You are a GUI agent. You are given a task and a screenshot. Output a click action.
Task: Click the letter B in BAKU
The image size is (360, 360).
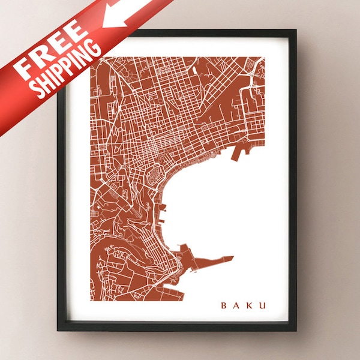224,305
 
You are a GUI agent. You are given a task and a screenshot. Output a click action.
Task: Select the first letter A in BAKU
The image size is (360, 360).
236,305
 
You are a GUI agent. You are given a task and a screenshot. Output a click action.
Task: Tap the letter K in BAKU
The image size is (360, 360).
250,305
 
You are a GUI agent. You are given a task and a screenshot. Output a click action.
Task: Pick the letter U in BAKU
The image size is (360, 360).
262,305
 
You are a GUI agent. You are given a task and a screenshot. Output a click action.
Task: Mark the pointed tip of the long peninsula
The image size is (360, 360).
233,257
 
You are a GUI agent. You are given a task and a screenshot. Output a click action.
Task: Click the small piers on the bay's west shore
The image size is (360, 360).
163,210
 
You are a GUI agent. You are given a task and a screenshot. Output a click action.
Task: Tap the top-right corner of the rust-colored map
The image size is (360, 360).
263,58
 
